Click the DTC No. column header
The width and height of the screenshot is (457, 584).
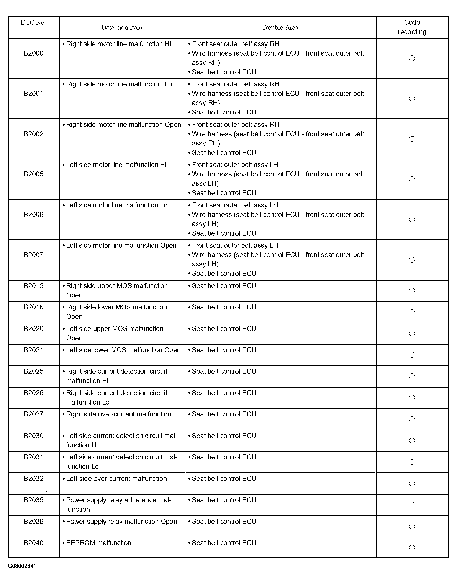33,23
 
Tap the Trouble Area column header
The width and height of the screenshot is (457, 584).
280,27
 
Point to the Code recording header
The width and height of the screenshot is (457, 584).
412,27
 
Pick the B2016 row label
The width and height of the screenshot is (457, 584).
33,307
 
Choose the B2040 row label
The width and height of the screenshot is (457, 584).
33,543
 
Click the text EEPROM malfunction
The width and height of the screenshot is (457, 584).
99,543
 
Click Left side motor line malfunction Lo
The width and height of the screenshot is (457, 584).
117,205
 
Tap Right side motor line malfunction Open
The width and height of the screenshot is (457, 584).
123,124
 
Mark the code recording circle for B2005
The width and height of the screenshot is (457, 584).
412,179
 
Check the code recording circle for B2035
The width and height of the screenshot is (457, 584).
412,505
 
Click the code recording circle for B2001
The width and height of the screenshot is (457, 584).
412,98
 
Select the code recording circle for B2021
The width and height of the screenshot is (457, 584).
412,355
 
